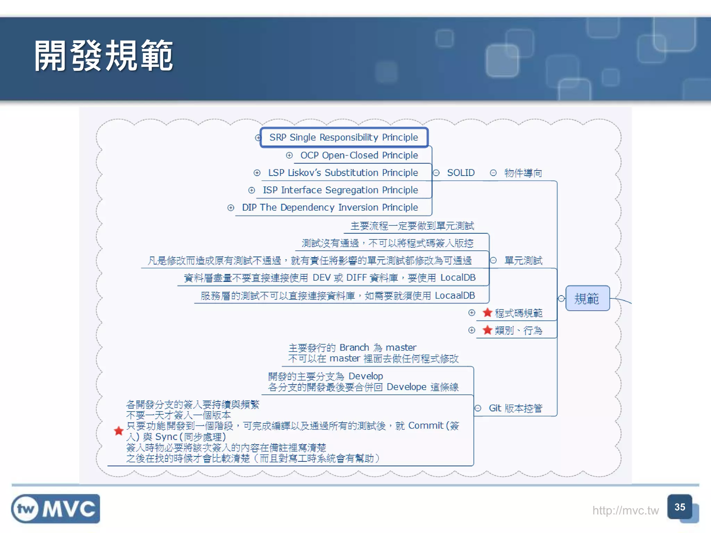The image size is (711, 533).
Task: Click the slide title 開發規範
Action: point(103,56)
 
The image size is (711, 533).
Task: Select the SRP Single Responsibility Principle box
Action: point(344,137)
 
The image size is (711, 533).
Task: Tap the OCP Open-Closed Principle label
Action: point(359,155)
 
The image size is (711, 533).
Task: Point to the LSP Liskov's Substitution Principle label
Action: point(343,172)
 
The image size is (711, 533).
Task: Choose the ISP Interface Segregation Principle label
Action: point(340,190)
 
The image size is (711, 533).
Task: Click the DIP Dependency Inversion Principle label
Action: point(330,207)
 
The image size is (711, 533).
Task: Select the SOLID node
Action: point(461,172)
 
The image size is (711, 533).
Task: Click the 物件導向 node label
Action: point(523,173)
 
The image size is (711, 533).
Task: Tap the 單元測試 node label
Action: point(523,260)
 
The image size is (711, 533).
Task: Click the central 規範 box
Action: point(587,298)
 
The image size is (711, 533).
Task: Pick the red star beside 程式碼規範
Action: point(487,313)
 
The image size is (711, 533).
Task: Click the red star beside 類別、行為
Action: point(487,330)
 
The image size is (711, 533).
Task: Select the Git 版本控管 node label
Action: point(515,408)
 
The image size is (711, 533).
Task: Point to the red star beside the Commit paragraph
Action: point(119,431)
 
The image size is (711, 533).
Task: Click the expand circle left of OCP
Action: point(289,155)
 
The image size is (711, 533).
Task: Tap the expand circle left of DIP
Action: point(231,208)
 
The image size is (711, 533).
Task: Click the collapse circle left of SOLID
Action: point(436,172)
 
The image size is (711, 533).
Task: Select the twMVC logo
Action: point(56,509)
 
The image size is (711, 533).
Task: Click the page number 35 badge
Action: point(680,507)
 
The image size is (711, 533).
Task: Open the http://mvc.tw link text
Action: point(625,510)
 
